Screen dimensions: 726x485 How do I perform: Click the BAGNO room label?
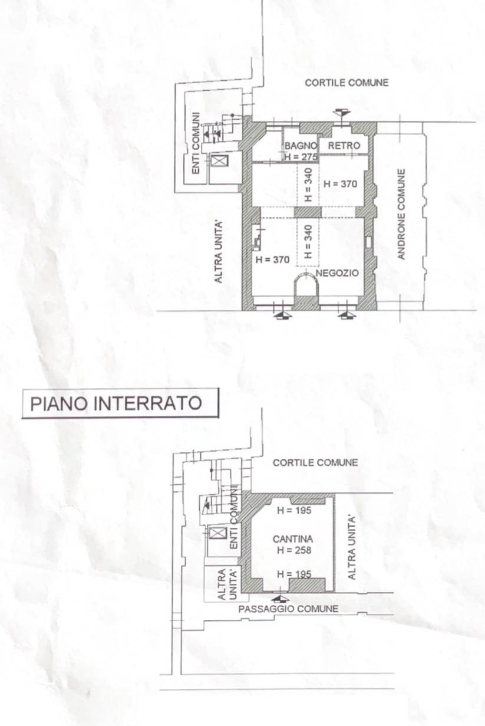(x=301, y=146)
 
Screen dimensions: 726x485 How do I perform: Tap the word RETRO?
(x=344, y=146)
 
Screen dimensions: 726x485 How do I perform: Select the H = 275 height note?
(x=301, y=157)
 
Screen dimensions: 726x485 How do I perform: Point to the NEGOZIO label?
(x=337, y=274)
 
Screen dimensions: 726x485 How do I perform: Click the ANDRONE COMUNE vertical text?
(x=402, y=214)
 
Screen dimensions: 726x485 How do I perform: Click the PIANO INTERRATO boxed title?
(x=116, y=403)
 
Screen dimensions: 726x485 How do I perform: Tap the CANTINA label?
(x=293, y=539)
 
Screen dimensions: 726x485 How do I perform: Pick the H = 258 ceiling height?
(x=293, y=550)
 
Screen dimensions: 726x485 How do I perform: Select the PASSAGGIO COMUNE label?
(x=288, y=609)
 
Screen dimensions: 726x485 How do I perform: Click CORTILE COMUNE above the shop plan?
(x=347, y=83)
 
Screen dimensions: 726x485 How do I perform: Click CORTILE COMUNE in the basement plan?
(x=315, y=463)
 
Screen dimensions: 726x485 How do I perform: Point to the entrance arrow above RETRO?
(x=341, y=113)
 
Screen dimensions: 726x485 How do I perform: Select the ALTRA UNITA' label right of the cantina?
(x=352, y=547)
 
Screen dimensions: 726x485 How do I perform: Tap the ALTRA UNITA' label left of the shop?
(x=219, y=251)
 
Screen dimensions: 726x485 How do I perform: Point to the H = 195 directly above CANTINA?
(x=294, y=511)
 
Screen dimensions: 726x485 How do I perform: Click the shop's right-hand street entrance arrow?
(x=347, y=316)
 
